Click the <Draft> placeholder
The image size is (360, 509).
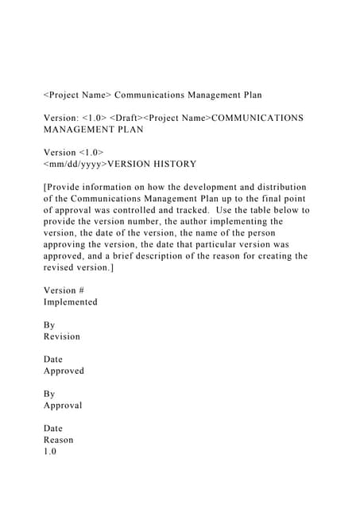130,118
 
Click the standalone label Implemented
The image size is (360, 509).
71,302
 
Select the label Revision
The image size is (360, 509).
62,336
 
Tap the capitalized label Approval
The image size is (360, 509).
63,405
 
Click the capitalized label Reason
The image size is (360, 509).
58,440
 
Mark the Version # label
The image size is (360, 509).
64,290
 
